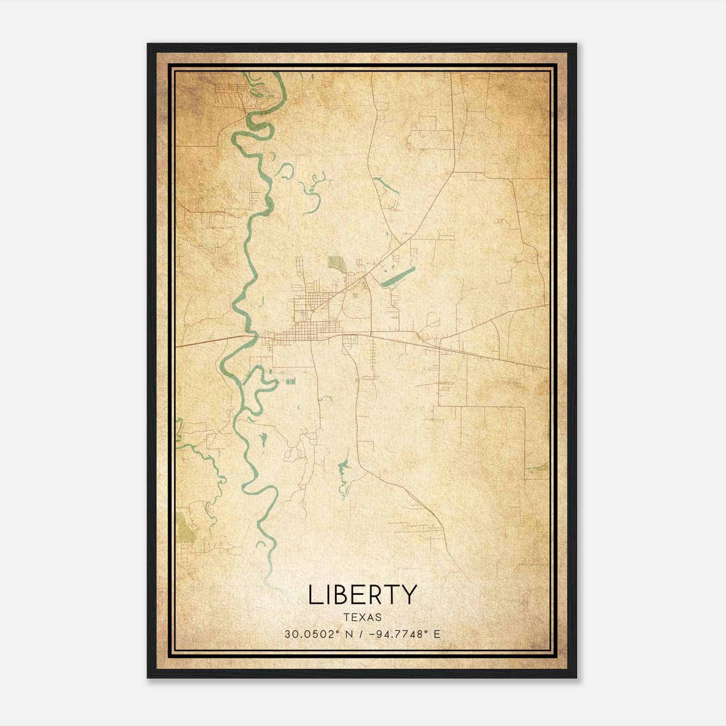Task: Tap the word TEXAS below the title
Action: (362, 618)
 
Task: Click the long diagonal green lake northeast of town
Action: (397, 277)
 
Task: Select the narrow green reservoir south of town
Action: (343, 474)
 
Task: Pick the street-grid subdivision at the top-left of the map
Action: (229, 93)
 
